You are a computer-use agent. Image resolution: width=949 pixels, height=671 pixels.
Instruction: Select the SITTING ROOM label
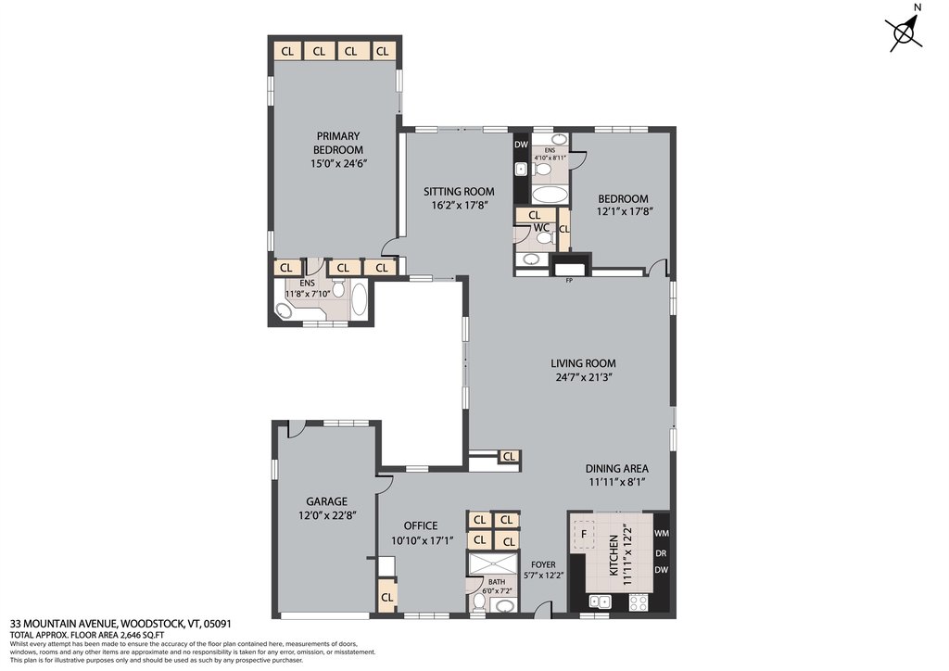point(452,192)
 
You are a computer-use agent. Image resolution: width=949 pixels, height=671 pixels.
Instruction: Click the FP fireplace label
point(569,280)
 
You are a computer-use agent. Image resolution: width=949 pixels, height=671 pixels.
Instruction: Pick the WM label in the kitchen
point(661,534)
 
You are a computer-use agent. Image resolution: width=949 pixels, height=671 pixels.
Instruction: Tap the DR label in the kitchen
point(661,553)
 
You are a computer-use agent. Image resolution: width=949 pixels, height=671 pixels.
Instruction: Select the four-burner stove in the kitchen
point(639,602)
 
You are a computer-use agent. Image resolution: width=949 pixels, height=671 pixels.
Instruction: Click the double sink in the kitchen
point(598,601)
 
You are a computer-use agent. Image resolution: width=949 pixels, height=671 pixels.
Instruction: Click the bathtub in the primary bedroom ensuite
point(360,302)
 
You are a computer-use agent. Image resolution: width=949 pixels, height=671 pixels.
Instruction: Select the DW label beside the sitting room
point(521,145)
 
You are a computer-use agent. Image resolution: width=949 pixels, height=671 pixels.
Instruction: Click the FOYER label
point(543,564)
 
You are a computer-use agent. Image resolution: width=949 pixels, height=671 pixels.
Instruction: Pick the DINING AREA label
point(616,468)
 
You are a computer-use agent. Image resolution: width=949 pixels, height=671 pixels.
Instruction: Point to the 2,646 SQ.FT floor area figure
point(141,635)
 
